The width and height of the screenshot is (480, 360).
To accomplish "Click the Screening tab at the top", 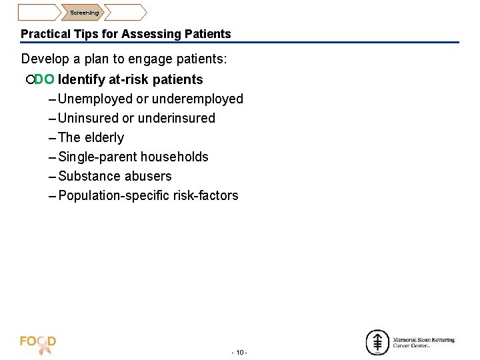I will click(x=85, y=13).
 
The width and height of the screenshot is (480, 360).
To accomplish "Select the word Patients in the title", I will click(x=209, y=34).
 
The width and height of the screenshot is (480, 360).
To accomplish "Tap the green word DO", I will click(x=44, y=80).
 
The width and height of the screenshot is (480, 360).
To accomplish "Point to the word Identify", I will click(x=81, y=80).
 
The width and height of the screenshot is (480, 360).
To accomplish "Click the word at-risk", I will click(x=129, y=80).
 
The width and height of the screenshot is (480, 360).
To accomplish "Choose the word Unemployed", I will click(x=95, y=99).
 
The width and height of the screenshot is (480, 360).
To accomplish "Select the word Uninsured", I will click(x=88, y=119).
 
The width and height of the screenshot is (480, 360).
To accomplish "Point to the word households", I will click(x=175, y=157).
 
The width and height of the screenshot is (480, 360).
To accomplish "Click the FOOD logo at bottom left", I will click(x=38, y=343).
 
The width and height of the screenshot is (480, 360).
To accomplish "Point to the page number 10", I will click(x=239, y=352).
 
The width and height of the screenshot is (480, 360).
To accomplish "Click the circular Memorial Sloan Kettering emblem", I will click(x=377, y=342).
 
